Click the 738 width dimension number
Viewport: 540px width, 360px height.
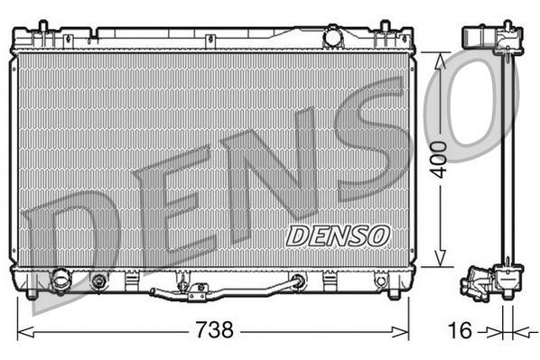click(x=214, y=330)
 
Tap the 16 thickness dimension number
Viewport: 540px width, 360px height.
click(x=459, y=330)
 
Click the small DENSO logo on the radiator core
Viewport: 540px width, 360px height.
click(x=337, y=235)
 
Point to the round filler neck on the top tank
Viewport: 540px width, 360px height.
click(x=334, y=39)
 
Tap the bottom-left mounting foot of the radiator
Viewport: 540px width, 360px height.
click(x=33, y=291)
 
